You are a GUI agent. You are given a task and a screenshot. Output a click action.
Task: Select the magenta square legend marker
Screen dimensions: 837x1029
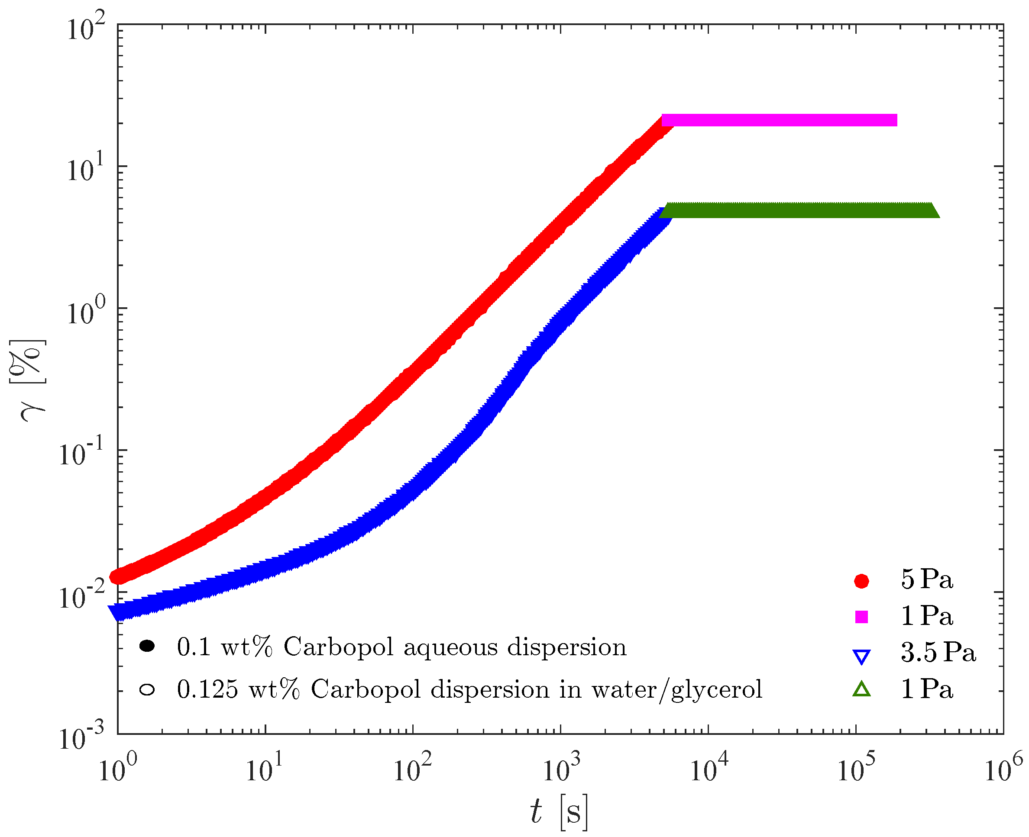coord(861,617)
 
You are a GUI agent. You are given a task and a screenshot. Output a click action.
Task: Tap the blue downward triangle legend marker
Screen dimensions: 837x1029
coord(861,657)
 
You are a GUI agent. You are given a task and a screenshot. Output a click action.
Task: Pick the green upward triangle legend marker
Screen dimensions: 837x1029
coord(861,689)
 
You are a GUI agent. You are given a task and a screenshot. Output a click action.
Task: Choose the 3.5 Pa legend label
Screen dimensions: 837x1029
coord(938,652)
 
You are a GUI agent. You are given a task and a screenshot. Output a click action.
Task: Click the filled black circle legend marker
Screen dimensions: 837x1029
coord(147,646)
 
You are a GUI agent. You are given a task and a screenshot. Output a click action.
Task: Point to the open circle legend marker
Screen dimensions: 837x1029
coord(147,689)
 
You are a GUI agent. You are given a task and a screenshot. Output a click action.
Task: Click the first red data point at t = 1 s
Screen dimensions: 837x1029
coord(118,576)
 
